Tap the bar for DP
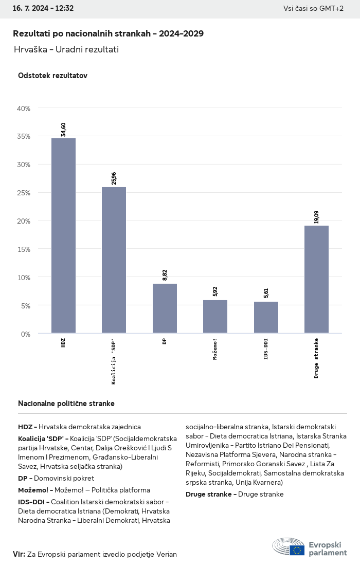tap(165, 308)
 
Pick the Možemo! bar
tap(215, 317)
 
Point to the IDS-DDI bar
tap(266, 317)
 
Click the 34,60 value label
tap(63, 130)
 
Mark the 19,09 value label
tap(316, 217)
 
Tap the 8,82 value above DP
tap(165, 275)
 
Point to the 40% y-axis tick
tap(24, 108)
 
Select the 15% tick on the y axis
tap(24, 249)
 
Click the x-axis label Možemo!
tap(215, 349)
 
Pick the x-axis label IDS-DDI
tap(266, 349)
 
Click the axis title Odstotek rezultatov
tap(52, 76)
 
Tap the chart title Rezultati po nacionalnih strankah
tap(108, 33)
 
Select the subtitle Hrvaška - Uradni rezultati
tap(66, 49)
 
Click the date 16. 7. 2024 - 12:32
tap(43, 8)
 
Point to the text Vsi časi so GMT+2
tap(313, 8)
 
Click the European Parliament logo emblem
tap(289, 547)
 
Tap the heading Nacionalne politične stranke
tap(66, 404)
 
